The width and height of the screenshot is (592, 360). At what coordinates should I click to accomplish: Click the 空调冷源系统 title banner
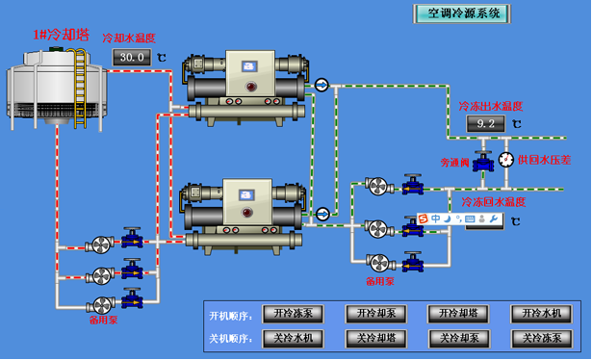point(463,13)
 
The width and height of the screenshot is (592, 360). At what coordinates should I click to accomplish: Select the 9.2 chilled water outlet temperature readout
point(485,124)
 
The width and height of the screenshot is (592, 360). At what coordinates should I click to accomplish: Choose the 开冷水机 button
point(542,314)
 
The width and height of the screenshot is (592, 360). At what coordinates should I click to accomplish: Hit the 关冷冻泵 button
point(542,338)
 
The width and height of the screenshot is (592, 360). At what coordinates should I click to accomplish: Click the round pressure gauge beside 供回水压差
point(506,160)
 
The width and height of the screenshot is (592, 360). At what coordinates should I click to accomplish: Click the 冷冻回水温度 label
point(492,202)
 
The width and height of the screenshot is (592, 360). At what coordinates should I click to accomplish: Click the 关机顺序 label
point(229,339)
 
